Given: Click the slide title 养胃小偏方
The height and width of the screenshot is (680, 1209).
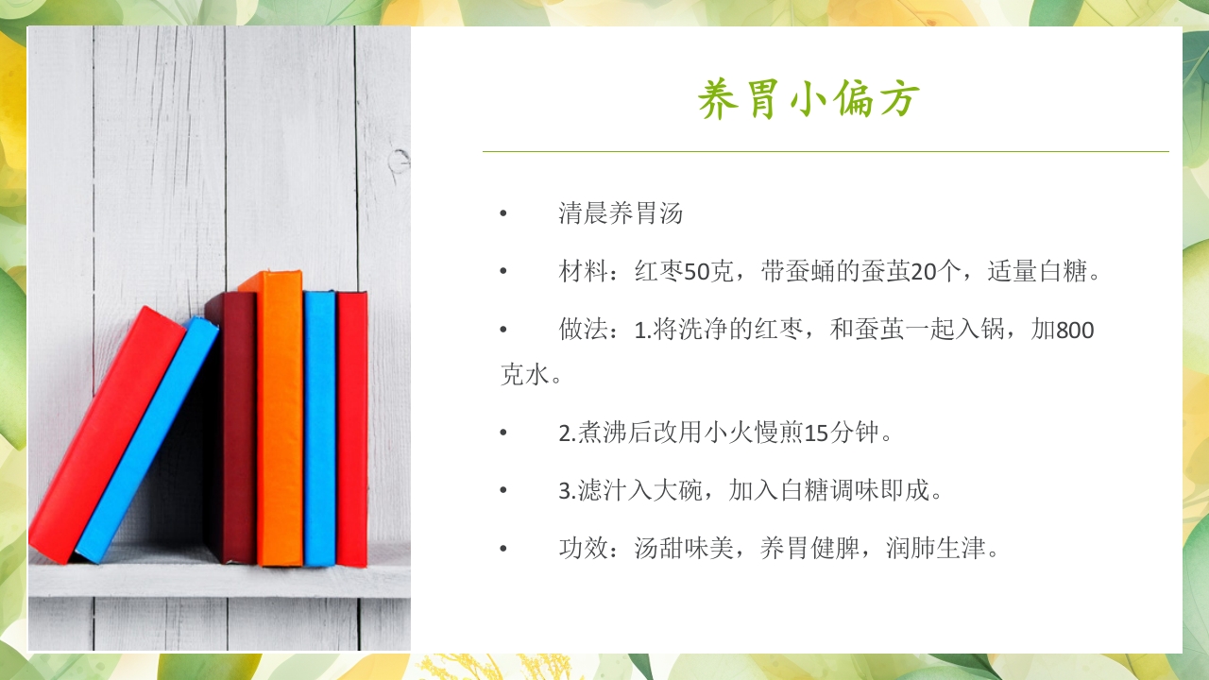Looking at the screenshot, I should (809, 100).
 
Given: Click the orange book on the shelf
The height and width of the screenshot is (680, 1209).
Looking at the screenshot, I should (281, 420).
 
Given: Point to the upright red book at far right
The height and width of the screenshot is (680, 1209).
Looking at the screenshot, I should (352, 430).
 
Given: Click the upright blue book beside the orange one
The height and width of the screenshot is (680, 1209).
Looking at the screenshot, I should (319, 430).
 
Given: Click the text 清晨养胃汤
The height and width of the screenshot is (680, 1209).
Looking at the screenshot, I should (621, 213).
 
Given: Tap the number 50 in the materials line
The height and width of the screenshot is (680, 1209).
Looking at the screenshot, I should (697, 273).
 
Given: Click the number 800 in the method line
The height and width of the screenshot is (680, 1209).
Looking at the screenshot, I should (1075, 331).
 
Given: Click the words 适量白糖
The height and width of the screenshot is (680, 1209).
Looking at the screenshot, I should (1037, 273).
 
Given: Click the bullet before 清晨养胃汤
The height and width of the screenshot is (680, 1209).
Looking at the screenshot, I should (503, 214).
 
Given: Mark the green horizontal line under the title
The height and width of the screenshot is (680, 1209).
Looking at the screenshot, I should (826, 151).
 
